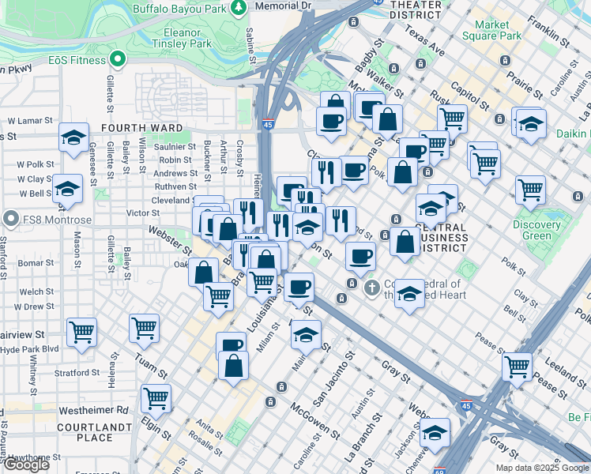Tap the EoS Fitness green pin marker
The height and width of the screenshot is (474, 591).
pyautogui.click(x=119, y=58)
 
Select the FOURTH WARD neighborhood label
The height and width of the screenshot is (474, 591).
pyautogui.click(x=143, y=127)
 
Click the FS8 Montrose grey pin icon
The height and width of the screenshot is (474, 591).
pyautogui.click(x=10, y=218)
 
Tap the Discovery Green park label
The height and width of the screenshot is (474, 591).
pyautogui.click(x=536, y=230)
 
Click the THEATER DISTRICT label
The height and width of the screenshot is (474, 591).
pyautogui.click(x=416, y=9)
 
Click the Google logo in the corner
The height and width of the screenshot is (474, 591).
pyautogui.click(x=26, y=465)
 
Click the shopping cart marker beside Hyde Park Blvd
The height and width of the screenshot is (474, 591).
pyautogui.click(x=81, y=333)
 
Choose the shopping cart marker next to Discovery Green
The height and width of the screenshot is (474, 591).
pyautogui.click(x=530, y=189)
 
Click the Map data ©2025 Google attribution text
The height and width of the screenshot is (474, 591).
pyautogui.click(x=541, y=468)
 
